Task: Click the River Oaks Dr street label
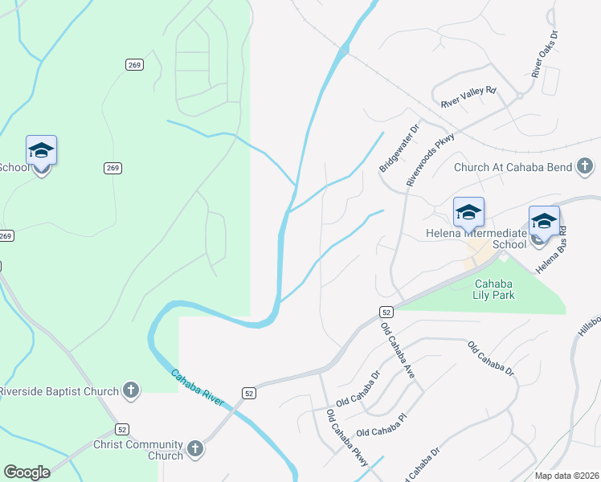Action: tap(544, 55)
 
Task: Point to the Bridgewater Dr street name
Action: tap(399, 146)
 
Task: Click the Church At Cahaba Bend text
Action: tap(513, 167)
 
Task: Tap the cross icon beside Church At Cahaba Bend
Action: tap(586, 167)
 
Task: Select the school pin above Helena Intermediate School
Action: tap(468, 212)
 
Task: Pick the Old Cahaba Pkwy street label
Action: tap(346, 439)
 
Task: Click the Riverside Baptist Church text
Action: tap(58, 392)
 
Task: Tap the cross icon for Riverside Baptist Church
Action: tap(131, 391)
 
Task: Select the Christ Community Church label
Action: tap(138, 450)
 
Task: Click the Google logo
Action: tap(27, 472)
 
